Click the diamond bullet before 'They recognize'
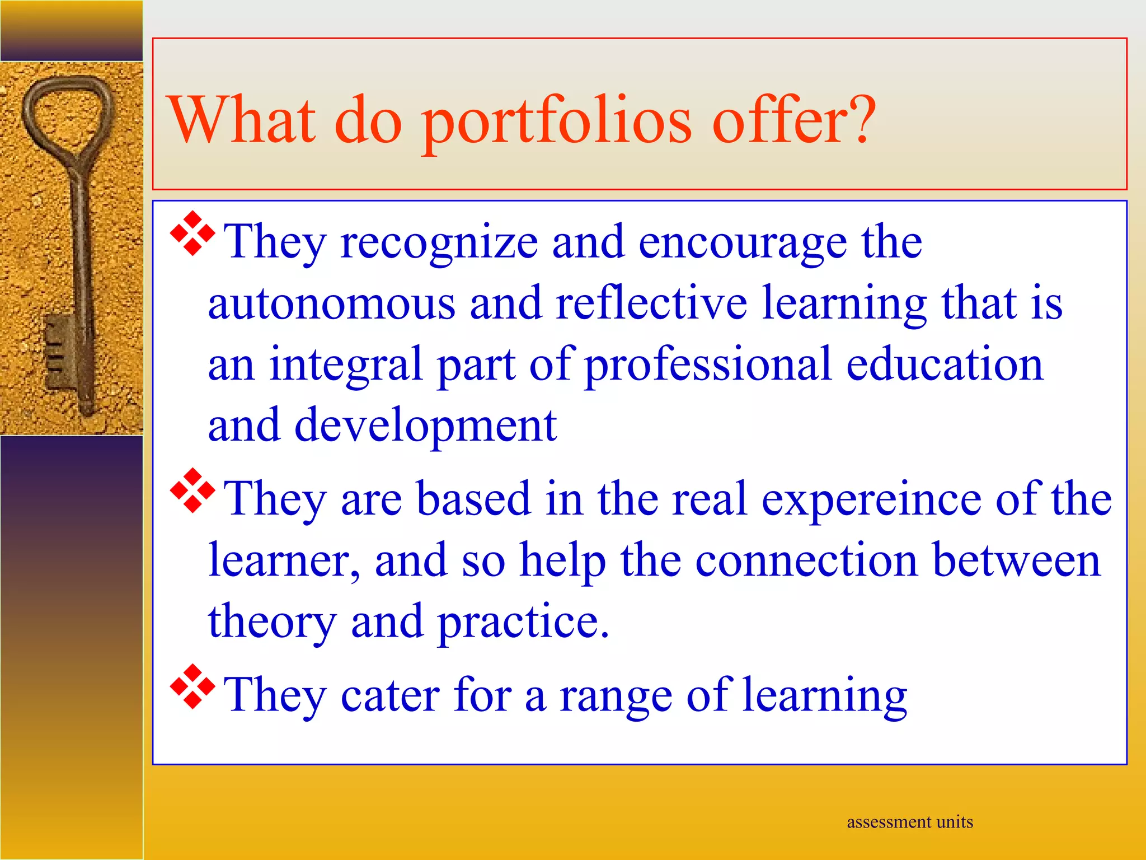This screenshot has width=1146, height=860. pos(192,233)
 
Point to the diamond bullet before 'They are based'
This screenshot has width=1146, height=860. pos(192,490)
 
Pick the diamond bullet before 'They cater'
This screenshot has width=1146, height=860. pos(192,686)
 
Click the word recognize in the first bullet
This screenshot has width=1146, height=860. pos(439,243)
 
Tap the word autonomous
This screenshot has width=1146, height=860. pos(331,303)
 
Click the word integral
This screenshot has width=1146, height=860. pos(345,365)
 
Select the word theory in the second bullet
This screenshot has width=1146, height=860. pos(272,623)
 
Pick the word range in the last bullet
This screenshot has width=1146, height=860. pos(616,697)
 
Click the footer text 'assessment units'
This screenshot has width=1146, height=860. pos(910,822)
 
